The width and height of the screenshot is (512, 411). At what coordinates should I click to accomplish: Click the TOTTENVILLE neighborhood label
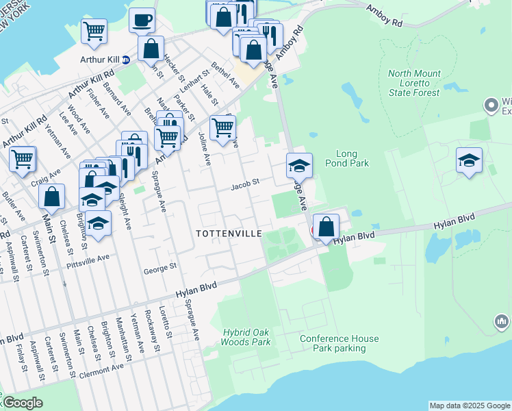(x=229, y=234)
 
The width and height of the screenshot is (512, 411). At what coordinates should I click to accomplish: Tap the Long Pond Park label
(x=353, y=158)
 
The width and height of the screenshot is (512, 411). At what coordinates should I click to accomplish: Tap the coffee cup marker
(x=142, y=21)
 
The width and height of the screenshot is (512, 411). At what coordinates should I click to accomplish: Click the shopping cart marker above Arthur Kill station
(x=94, y=31)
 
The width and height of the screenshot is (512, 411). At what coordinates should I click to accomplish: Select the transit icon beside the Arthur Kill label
(x=126, y=60)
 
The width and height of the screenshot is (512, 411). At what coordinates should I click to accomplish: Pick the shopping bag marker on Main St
(x=52, y=197)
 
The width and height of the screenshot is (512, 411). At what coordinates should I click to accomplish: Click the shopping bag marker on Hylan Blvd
(x=327, y=227)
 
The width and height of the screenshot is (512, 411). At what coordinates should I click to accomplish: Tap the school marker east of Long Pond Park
(x=469, y=162)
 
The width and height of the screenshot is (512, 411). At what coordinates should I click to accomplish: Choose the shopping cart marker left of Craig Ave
(x=23, y=159)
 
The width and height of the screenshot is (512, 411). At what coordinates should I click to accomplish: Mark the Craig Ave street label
(x=45, y=177)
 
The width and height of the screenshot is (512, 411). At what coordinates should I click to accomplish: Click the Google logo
(x=23, y=403)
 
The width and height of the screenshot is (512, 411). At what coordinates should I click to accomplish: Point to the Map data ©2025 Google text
(x=470, y=406)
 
